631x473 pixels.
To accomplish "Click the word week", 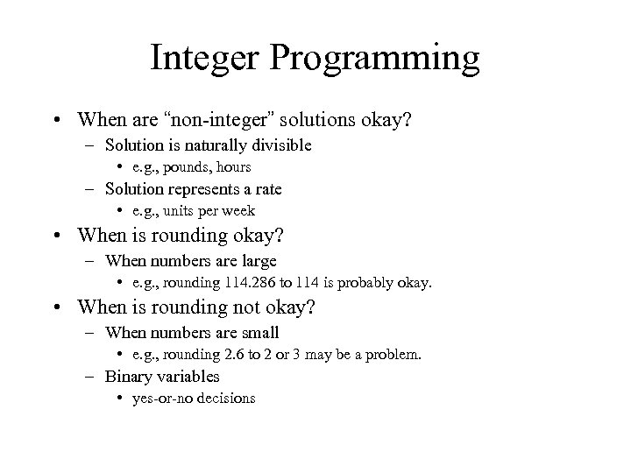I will [x=239, y=210].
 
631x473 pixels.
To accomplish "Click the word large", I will [x=258, y=260].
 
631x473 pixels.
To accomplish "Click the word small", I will [x=259, y=332].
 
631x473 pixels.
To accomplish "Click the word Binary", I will [x=127, y=376].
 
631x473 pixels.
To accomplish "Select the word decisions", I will [x=226, y=399].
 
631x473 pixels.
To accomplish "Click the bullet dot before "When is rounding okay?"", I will [x=59, y=236].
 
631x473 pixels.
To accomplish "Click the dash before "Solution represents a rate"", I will [x=92, y=187].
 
